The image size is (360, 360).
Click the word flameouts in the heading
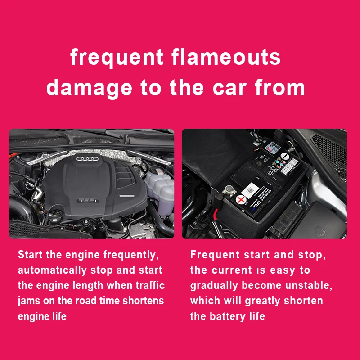click(x=226, y=57)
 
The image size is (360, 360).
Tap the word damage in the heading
click(x=89, y=88)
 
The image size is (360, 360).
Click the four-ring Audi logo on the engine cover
click(x=87, y=159)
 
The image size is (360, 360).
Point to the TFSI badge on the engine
click(x=88, y=201)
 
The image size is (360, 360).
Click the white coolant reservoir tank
click(x=160, y=190)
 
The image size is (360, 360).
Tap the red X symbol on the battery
click(x=241, y=200)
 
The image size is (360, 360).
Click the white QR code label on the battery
click(x=250, y=190)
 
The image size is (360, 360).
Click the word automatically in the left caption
click(x=52, y=270)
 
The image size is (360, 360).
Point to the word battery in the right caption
click(x=228, y=316)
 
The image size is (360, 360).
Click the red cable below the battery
click(x=215, y=213)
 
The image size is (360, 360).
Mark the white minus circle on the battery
click(x=285, y=156)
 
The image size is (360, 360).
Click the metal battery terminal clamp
click(x=229, y=190)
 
